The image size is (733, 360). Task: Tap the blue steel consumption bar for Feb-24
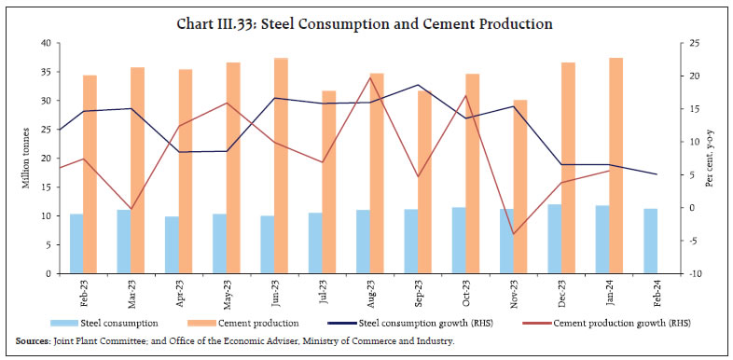click(650, 241)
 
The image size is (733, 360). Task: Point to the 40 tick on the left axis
click(47, 43)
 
